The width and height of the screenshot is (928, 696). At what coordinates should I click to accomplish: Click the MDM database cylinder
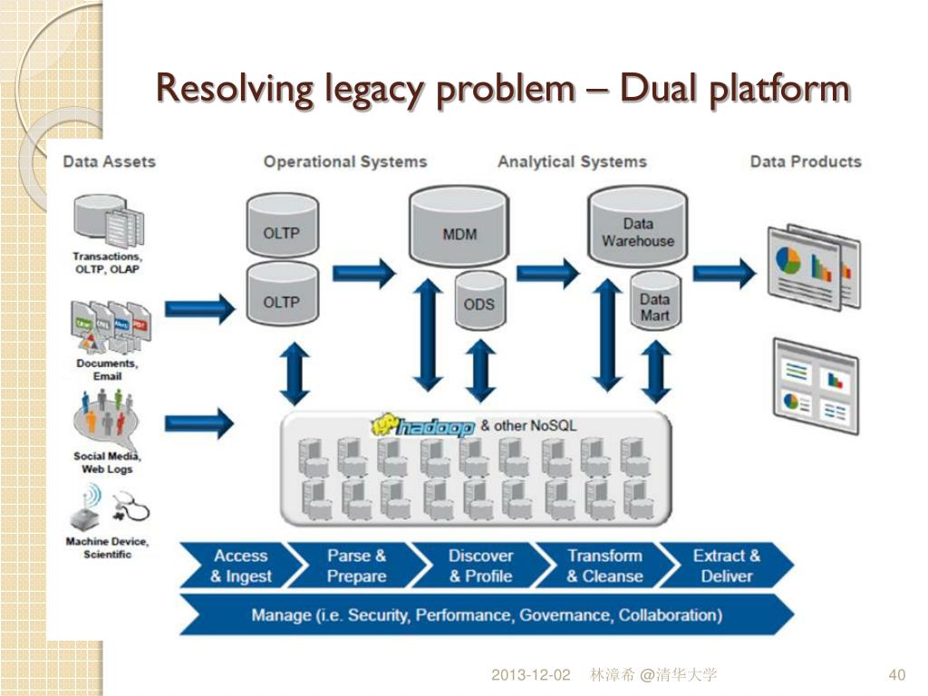459,228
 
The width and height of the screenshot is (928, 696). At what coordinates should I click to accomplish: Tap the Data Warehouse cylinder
638,227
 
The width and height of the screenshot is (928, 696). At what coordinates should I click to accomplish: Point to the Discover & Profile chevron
480,566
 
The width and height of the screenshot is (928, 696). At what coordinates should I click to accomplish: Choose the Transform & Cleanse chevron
604,566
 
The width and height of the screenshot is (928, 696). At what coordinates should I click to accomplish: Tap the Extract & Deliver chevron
726,566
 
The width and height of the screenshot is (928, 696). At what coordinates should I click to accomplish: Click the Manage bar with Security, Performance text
487,615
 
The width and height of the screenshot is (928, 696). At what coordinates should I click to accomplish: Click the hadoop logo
424,426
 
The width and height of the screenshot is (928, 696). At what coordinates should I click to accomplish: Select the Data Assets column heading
109,162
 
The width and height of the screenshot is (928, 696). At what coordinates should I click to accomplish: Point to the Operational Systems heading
344,162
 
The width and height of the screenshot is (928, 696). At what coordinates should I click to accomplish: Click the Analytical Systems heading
572,162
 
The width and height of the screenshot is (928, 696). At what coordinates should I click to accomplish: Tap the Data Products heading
806,162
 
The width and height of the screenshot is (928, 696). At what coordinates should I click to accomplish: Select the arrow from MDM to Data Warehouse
548,271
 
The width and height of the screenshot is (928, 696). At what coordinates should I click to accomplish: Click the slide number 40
897,675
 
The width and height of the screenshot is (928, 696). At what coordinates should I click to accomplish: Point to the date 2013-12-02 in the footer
531,675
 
